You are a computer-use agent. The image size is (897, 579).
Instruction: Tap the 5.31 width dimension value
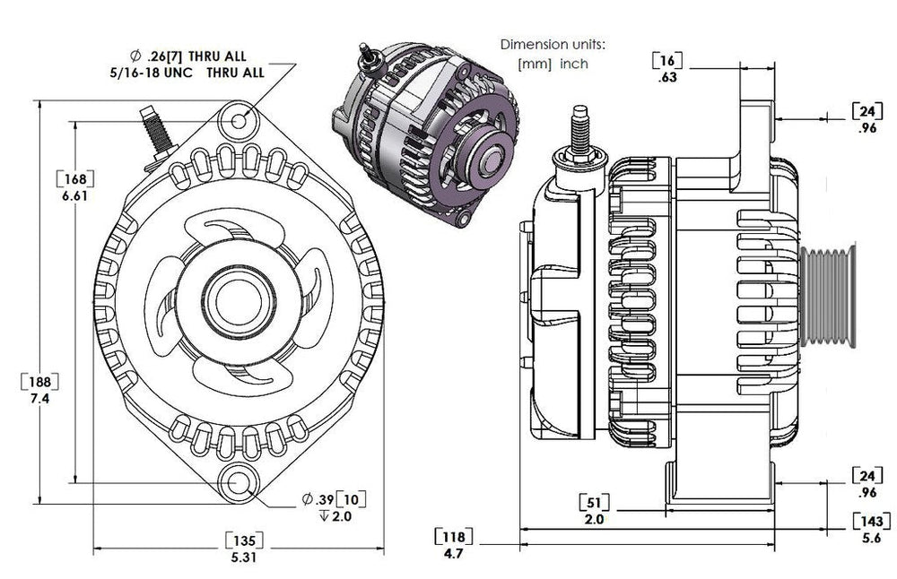coord(242,556)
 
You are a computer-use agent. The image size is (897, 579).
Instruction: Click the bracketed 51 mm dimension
coord(594,500)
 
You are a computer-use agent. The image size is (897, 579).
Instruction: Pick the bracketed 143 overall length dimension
coord(870,521)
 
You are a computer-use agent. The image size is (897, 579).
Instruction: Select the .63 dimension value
coord(668,78)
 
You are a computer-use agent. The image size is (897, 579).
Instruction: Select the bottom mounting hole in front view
coord(239,482)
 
